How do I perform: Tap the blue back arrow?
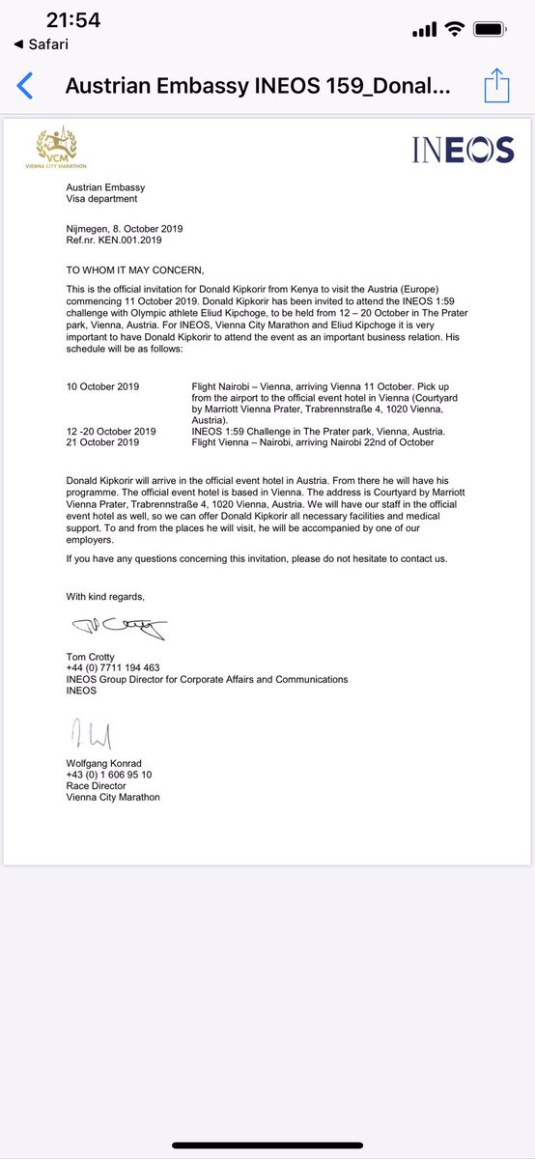click(x=26, y=86)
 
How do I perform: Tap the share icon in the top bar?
click(x=496, y=85)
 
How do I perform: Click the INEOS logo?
click(x=463, y=150)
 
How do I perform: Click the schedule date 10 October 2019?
click(x=102, y=386)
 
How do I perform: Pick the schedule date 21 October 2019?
click(x=102, y=441)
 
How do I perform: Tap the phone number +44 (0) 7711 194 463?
click(x=113, y=668)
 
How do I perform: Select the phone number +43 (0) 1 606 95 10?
click(x=108, y=775)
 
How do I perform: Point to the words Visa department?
click(x=101, y=199)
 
